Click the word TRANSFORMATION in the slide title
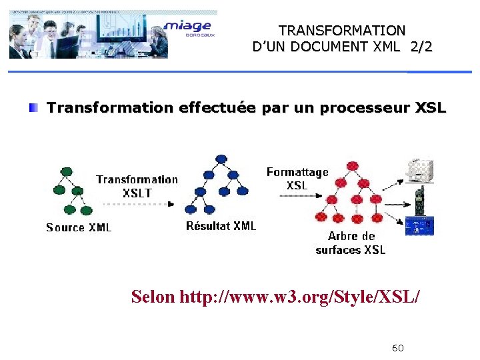342,31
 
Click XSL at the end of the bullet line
431,108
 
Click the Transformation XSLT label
137,186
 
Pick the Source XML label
79,228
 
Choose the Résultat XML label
221,226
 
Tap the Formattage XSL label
297,179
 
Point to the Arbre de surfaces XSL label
351,243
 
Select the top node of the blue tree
221,159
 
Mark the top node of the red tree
351,166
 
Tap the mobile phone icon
420,198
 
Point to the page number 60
398,348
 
